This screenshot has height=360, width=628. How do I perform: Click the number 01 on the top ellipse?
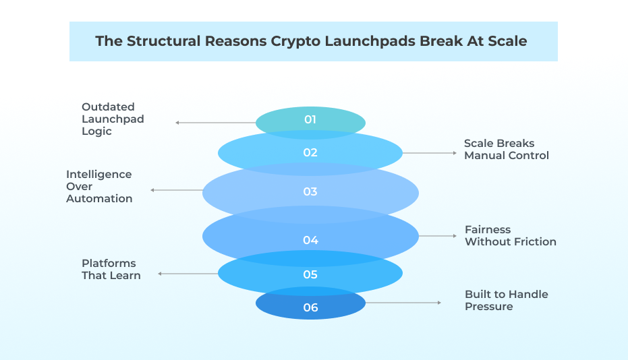click(x=310, y=120)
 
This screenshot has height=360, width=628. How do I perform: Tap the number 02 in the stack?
click(x=310, y=152)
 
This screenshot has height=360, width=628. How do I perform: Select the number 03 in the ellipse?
click(x=310, y=191)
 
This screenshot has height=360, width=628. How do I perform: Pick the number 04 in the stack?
click(x=310, y=240)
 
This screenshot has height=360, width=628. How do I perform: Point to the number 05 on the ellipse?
click(x=310, y=275)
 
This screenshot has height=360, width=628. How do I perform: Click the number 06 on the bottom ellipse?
click(x=310, y=307)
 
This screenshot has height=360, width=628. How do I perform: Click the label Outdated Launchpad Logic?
click(x=113, y=119)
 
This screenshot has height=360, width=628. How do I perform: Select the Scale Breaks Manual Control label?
click(x=506, y=150)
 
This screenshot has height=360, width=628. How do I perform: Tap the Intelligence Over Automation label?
click(x=99, y=186)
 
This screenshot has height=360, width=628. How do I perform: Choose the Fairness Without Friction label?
click(x=510, y=235)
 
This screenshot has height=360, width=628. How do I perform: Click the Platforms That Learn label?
click(x=111, y=269)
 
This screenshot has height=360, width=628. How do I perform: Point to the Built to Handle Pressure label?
click(x=506, y=300)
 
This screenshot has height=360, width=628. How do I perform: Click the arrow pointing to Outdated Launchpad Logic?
click(x=215, y=123)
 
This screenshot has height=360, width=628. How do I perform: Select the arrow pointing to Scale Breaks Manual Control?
click(x=429, y=153)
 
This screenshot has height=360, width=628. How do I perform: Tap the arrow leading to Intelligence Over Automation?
click(x=177, y=191)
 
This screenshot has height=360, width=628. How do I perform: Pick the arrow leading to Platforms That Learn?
click(x=188, y=274)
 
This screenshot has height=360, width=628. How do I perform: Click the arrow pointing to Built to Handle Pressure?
click(x=403, y=303)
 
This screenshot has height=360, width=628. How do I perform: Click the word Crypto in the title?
click(x=295, y=41)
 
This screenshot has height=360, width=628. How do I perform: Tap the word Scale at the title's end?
click(x=507, y=41)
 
